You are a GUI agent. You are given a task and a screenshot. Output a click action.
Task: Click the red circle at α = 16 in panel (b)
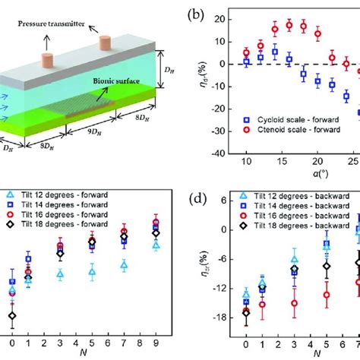pos(289,25)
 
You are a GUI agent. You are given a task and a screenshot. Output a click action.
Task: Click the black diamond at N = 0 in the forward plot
pos(11,315)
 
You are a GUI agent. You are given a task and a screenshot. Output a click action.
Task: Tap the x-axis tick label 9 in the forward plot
pos(155,343)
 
